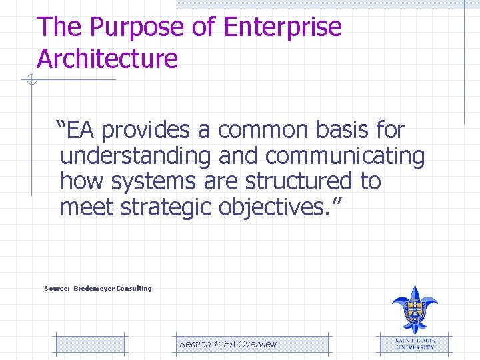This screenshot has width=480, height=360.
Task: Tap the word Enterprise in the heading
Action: click(x=283, y=28)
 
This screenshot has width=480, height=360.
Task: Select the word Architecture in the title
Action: click(x=107, y=59)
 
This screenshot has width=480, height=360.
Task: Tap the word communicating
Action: click(x=345, y=157)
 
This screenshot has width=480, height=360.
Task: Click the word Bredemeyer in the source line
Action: click(x=93, y=289)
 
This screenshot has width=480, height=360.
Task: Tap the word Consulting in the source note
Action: click(x=134, y=289)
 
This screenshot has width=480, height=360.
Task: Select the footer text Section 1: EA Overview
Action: click(x=227, y=344)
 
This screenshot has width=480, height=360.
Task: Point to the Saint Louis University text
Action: click(x=415, y=344)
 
